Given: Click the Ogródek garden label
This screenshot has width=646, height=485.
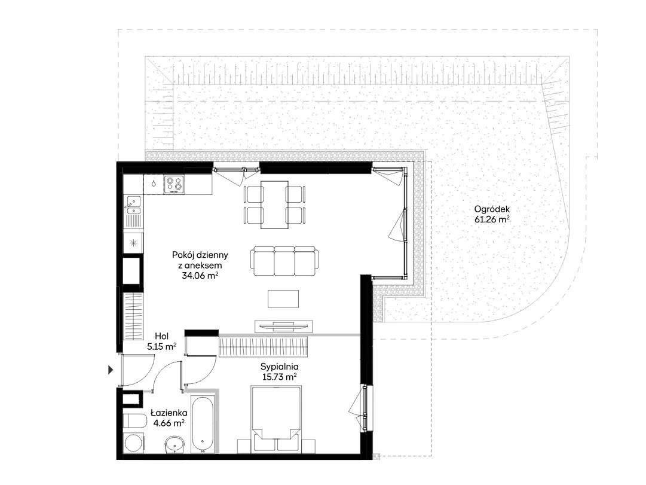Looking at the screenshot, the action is click(x=491, y=209).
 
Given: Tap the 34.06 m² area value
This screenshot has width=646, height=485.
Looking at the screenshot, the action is click(x=200, y=276).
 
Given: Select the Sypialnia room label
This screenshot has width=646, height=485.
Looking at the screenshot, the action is click(x=279, y=367).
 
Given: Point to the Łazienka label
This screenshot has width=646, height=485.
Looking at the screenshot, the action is click(x=169, y=413).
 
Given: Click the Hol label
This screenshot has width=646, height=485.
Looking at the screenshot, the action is click(x=162, y=336).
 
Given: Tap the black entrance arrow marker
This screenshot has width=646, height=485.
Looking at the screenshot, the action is click(x=111, y=370).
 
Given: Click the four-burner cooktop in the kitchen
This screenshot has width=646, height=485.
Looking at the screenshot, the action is click(x=174, y=184).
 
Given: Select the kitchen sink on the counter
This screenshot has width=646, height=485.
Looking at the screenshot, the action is click(x=133, y=205).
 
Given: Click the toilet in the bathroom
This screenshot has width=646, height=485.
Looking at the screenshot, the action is click(x=134, y=421).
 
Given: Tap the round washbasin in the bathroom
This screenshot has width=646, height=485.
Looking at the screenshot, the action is click(x=176, y=446).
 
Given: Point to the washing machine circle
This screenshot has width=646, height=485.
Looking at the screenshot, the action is click(x=133, y=443).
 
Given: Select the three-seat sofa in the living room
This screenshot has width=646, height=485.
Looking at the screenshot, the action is click(x=284, y=261).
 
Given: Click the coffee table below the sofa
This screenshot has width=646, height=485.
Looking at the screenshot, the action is click(x=283, y=298).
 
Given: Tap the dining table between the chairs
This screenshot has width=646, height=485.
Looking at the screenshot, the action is click(x=274, y=205).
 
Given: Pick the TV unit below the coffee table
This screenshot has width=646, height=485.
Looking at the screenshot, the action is click(x=283, y=326).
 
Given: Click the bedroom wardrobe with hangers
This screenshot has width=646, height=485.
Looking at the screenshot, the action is click(x=264, y=346).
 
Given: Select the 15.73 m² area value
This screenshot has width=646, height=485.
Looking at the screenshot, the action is click(x=279, y=377).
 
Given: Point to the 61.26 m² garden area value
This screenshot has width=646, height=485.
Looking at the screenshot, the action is click(x=492, y=219).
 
